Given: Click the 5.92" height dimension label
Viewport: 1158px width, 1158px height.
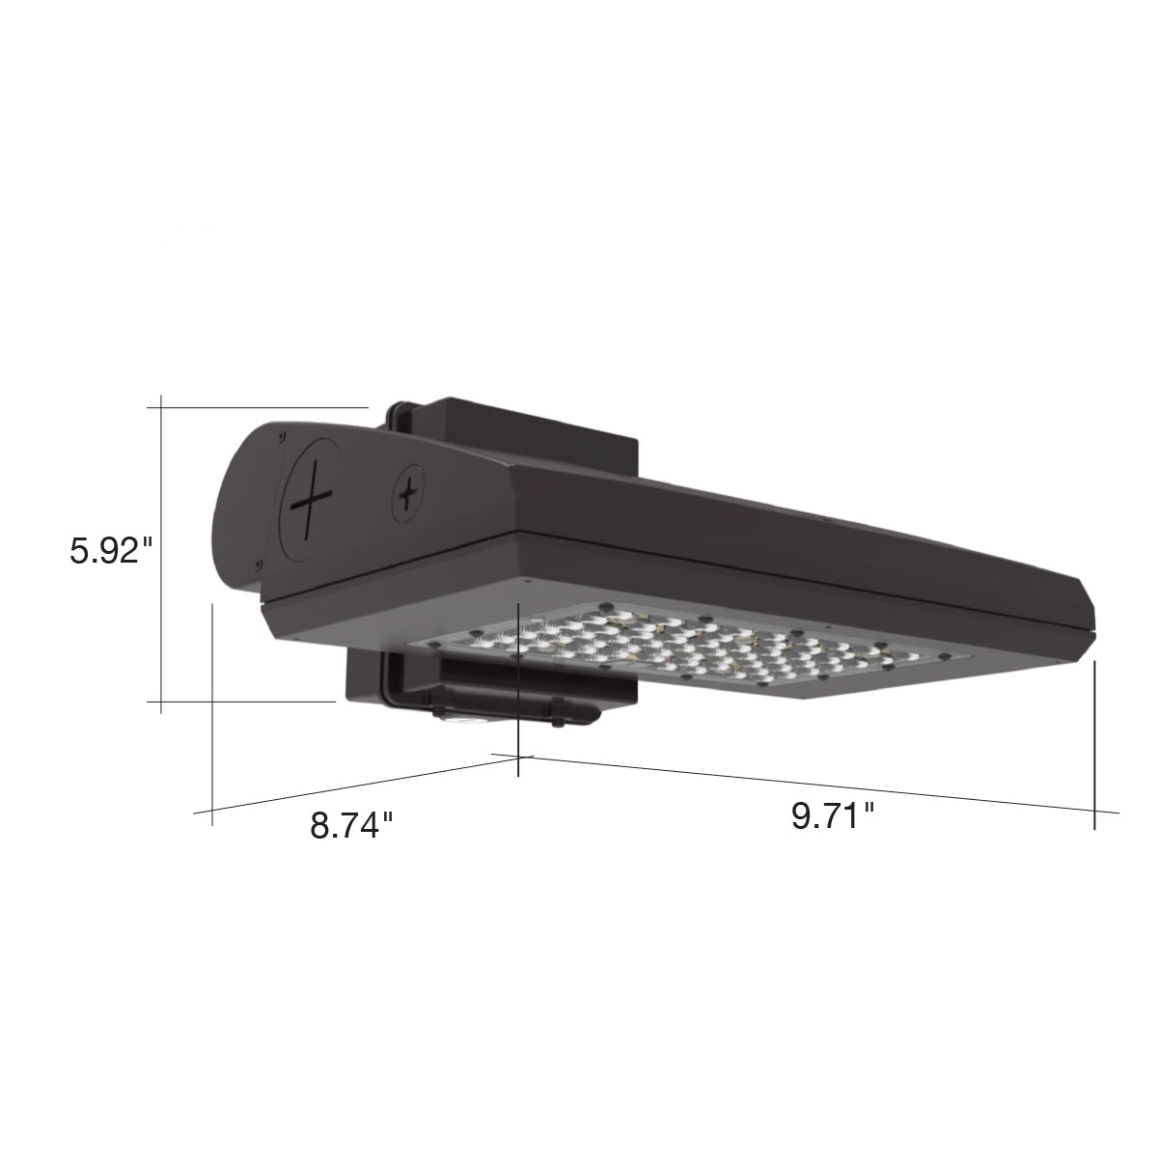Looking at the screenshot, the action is click(112, 551).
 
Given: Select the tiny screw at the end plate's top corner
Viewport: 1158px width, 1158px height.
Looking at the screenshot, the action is click(281, 430).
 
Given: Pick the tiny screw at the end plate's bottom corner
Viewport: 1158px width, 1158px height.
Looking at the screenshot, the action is click(259, 564).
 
